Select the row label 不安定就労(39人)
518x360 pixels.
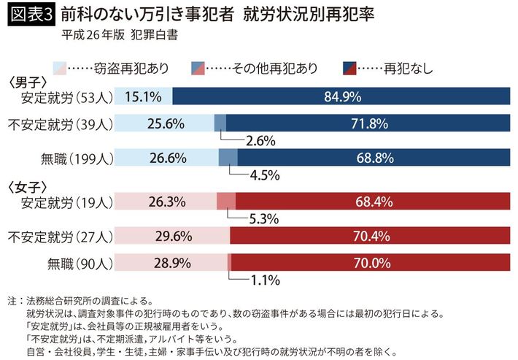[58, 123]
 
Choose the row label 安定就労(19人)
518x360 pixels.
[67, 202]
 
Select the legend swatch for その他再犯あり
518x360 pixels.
[198, 68]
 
